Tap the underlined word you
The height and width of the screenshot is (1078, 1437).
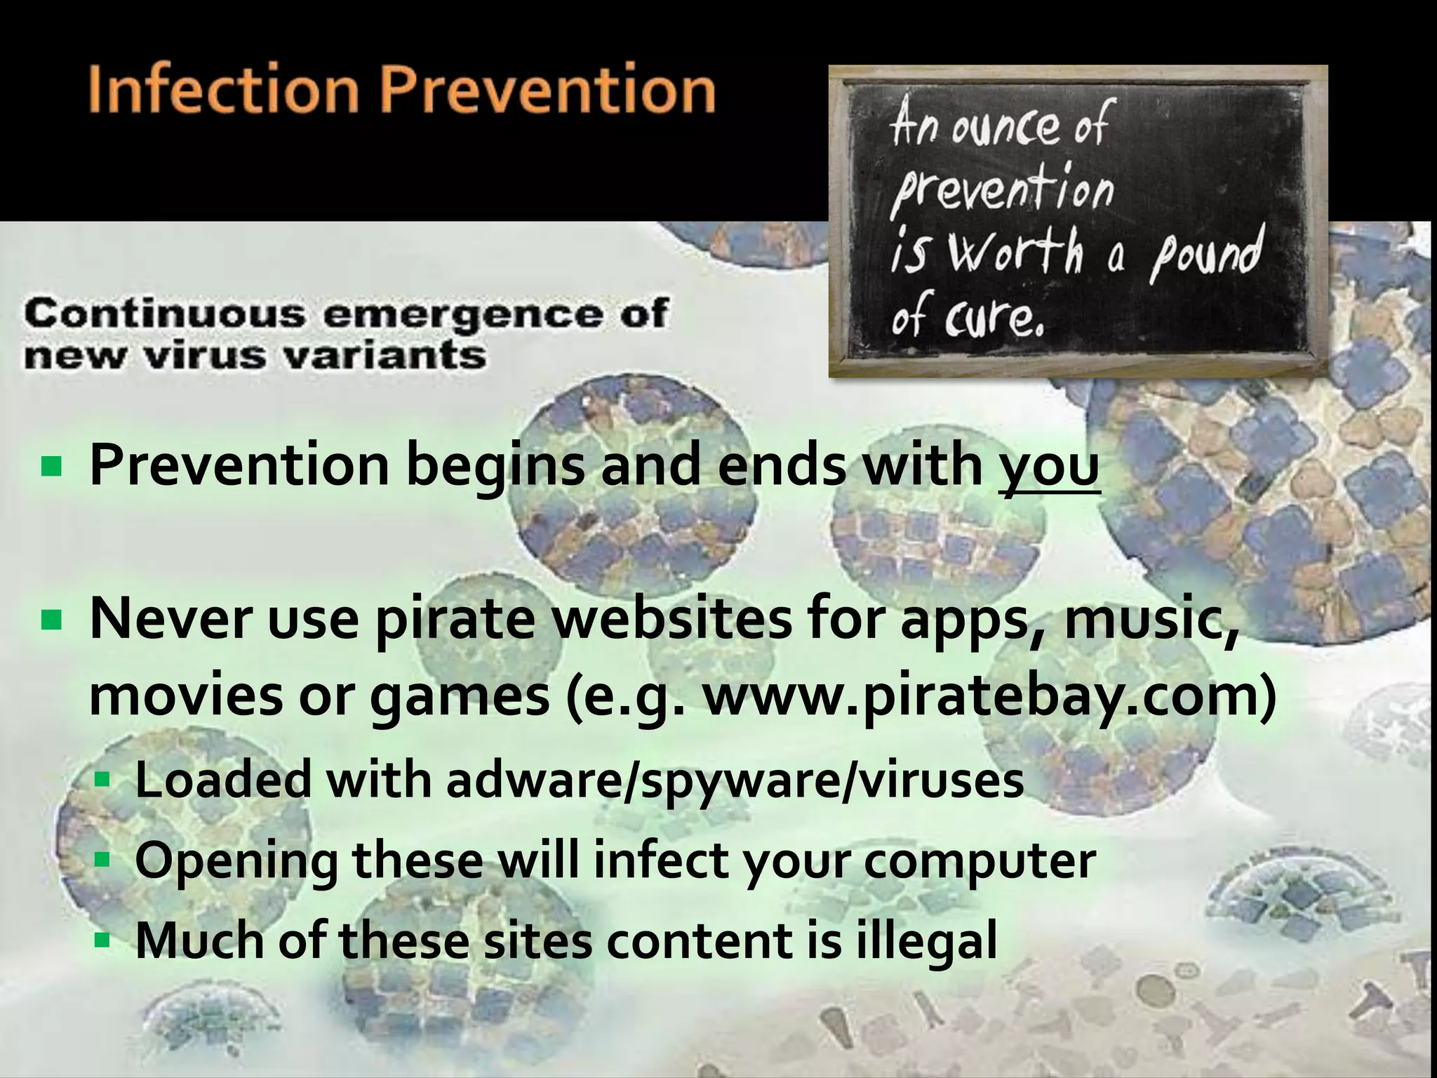[1049, 467]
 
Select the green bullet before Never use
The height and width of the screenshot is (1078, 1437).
[52, 620]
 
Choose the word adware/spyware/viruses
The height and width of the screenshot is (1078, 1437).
[735, 780]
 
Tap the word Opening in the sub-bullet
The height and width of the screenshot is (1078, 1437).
[236, 861]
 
